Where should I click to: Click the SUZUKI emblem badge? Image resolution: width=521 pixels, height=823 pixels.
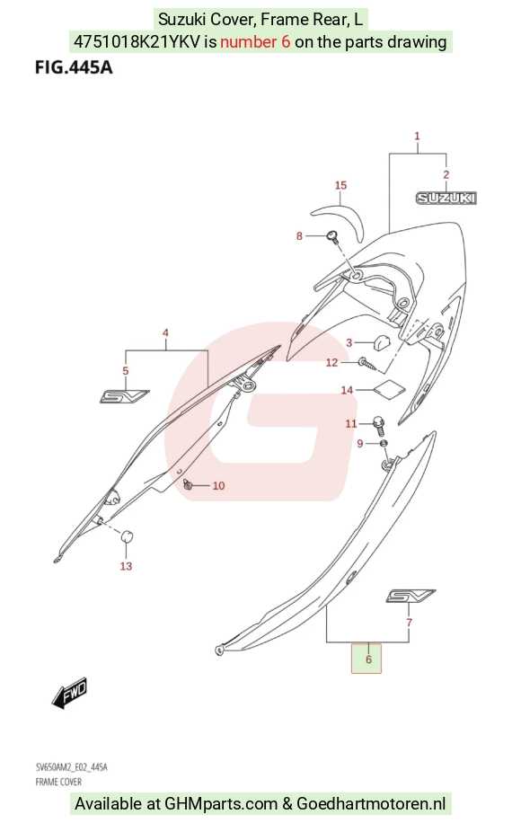pos(446,198)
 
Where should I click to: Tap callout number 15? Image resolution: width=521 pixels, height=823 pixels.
pos(340,185)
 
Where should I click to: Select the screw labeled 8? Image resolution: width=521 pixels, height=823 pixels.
pos(332,236)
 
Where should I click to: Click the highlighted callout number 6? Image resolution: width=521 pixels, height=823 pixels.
pos(368,659)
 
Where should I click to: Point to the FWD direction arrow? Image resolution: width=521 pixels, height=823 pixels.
pos(70,693)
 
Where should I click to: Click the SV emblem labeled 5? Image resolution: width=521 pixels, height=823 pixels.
pos(124,396)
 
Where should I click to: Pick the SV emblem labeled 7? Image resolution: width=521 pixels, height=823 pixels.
pos(411,596)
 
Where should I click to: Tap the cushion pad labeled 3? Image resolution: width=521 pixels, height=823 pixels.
pos(382,342)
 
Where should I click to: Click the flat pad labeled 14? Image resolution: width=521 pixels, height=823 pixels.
pos(389,388)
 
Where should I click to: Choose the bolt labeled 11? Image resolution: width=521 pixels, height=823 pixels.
pos(379,425)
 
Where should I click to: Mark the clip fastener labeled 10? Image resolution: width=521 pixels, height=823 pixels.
pos(188,484)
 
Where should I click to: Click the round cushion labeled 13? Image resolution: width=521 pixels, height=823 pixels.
pos(127,537)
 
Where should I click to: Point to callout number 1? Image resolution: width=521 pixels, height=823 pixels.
pos(417,136)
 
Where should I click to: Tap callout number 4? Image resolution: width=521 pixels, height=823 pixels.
pos(166,332)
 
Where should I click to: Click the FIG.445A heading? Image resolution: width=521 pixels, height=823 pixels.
pos(74,67)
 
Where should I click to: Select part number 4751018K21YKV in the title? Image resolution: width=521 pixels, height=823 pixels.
pos(137,42)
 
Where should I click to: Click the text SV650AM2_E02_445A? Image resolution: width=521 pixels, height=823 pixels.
pos(71,767)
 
